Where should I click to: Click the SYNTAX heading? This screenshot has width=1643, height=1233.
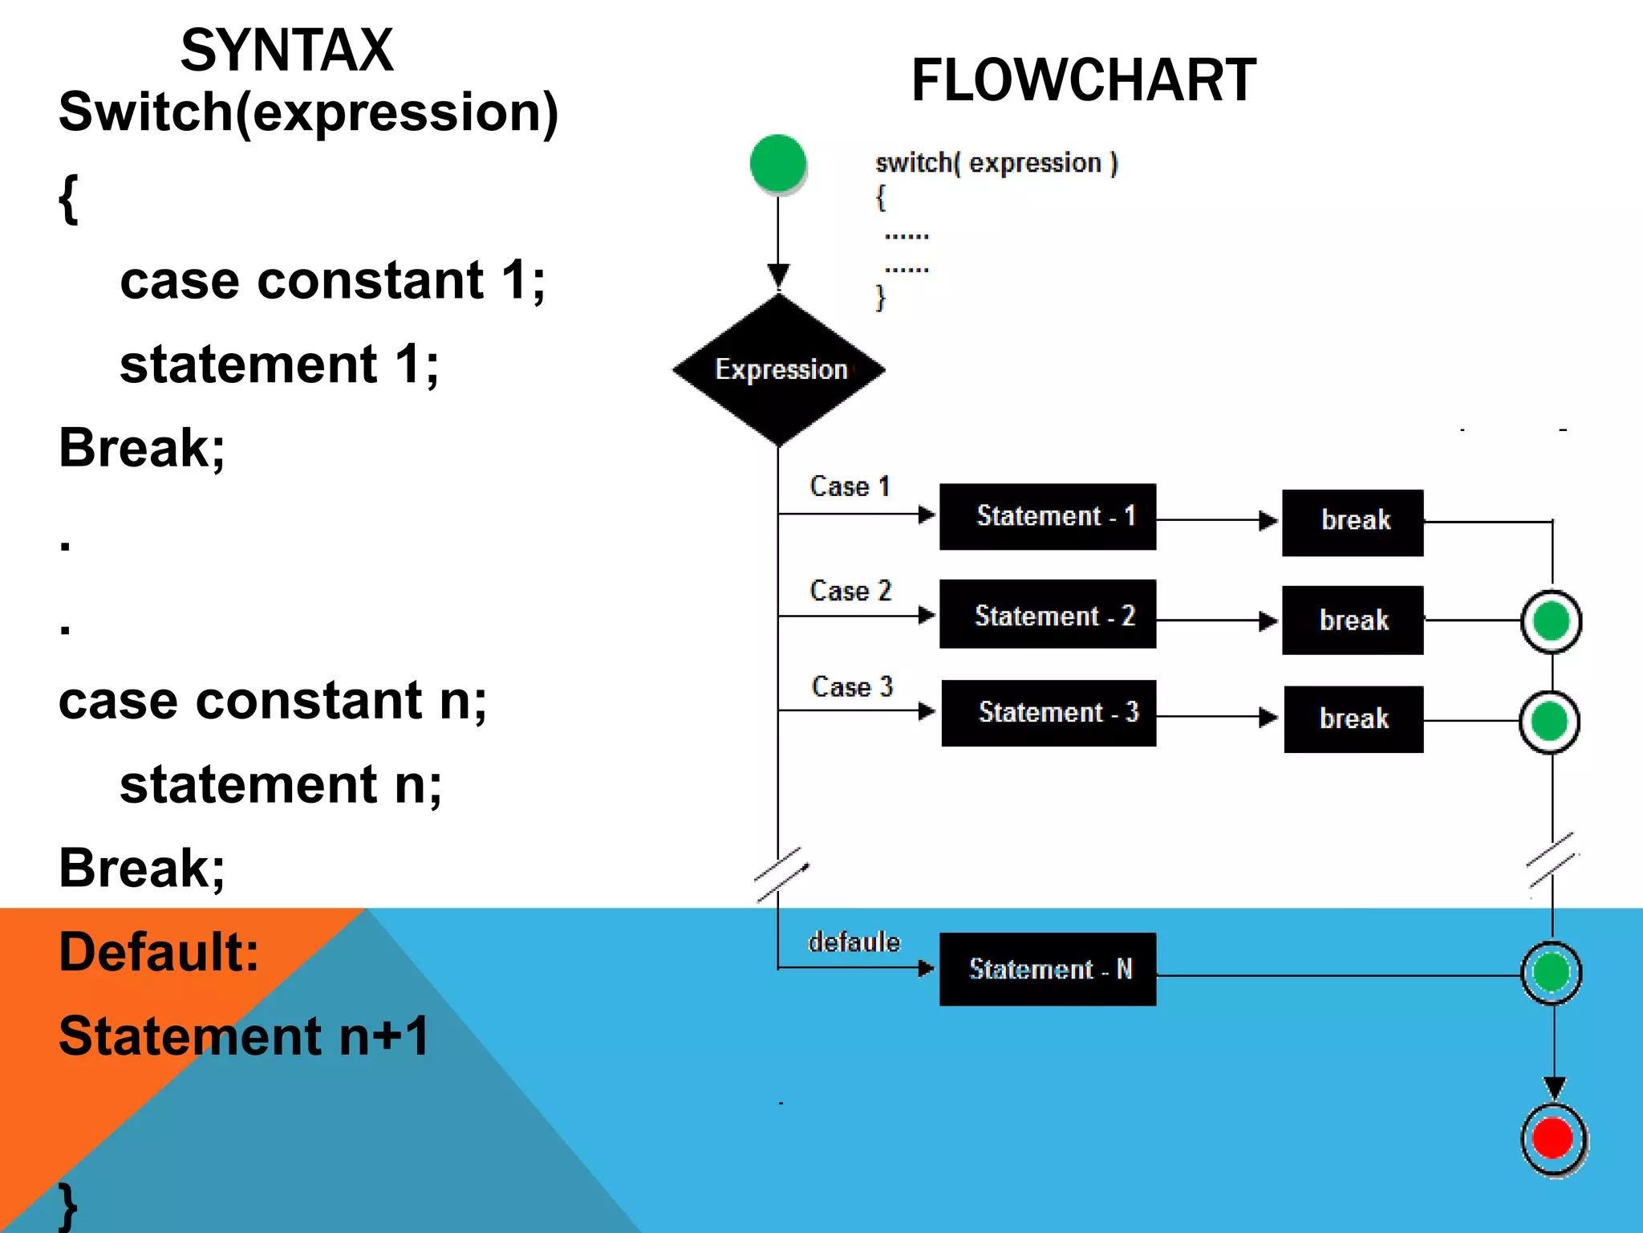pos(286,51)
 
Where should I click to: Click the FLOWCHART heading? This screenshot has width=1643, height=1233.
pos(1083,81)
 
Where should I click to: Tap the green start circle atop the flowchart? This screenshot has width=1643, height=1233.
pos(777,164)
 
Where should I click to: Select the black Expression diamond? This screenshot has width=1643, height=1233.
pos(779,369)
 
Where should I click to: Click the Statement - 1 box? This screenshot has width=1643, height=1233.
pos(1048,516)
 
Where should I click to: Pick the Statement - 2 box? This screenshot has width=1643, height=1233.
pos(1048,614)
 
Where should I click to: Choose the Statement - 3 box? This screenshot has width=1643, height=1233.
pos(1049,713)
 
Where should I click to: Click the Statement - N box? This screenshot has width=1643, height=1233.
pos(1048,969)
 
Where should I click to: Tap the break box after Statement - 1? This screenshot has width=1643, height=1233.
pos(1353,523)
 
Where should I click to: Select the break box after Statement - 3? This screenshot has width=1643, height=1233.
pos(1353,718)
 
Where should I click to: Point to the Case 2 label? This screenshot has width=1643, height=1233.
pos(850,591)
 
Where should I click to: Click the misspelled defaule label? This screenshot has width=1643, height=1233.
pos(854,942)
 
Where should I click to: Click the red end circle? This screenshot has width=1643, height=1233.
pos(1553,1138)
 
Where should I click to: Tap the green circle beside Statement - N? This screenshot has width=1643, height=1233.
pos(1552,972)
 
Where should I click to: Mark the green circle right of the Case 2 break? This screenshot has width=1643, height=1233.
pos(1552,621)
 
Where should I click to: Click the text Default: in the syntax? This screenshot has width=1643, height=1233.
pos(159,952)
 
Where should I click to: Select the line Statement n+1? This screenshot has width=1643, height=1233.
pos(244,1036)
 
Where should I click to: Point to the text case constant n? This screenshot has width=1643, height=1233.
pos(273,701)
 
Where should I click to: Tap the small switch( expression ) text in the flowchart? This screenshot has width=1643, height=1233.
pos(996,163)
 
